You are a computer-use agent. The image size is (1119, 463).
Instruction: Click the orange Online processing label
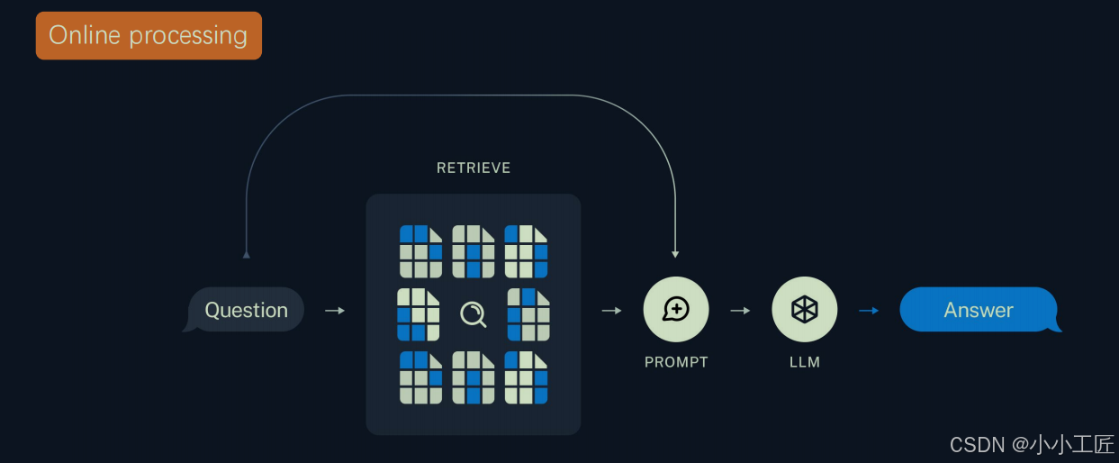tap(149, 36)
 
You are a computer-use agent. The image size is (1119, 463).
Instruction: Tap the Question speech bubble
tap(246, 310)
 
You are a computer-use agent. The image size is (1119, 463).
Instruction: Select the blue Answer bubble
tap(979, 310)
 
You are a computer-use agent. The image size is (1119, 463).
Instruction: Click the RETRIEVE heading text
tap(474, 168)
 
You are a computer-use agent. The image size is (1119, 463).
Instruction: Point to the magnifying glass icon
tap(474, 314)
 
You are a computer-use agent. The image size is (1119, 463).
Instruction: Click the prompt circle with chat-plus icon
tap(676, 310)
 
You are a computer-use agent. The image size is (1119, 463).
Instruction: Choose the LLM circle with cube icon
tap(805, 310)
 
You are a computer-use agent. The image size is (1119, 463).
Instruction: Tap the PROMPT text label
tap(676, 362)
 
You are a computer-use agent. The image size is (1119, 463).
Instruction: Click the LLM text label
tap(805, 362)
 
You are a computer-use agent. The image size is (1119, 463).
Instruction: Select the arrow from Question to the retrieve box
tap(335, 310)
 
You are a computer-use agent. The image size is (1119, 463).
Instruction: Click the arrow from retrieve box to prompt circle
tap(612, 310)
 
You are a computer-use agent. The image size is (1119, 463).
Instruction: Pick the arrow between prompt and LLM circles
tap(740, 310)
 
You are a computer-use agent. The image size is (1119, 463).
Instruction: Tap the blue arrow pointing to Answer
tap(869, 310)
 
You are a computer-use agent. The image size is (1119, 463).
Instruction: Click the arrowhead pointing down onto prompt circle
tap(675, 255)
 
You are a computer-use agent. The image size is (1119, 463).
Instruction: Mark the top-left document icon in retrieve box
tap(421, 251)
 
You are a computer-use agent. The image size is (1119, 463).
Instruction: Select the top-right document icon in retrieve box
tap(526, 251)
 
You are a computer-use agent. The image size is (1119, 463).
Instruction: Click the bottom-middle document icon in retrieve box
tap(474, 377)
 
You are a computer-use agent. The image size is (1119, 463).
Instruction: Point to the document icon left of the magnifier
tap(419, 314)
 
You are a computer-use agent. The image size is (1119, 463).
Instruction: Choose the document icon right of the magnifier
tap(528, 314)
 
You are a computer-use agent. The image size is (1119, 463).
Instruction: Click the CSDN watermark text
tap(1032, 444)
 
